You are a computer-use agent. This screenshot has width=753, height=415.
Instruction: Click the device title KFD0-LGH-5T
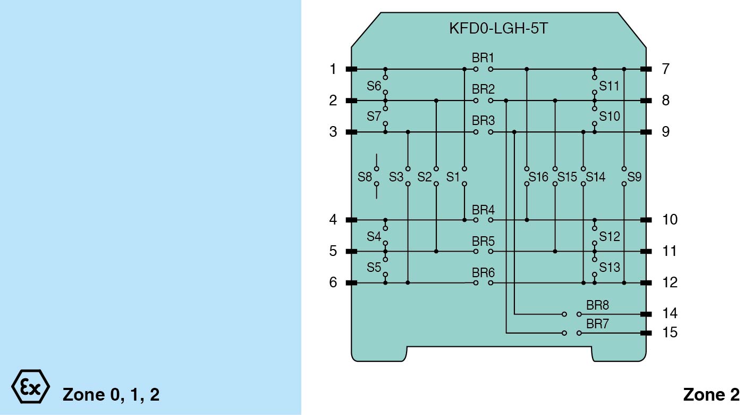point(498,29)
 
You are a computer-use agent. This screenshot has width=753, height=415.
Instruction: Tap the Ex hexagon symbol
point(30,386)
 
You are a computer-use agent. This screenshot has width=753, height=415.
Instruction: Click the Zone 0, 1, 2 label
point(111,395)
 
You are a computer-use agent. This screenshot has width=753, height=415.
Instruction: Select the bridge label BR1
point(483,57)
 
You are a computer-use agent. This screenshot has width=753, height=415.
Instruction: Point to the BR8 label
point(597,305)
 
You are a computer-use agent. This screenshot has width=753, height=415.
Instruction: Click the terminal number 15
point(670,333)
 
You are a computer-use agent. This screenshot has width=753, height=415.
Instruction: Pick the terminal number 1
point(333,69)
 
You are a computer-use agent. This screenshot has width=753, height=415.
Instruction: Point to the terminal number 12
point(670,283)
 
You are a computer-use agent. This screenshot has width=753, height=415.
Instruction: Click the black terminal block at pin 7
point(646,69)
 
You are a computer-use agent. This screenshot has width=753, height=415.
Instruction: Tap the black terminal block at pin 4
point(351,220)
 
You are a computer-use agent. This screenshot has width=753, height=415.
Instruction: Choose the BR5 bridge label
point(483,241)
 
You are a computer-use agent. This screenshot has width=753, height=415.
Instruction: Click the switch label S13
point(610,268)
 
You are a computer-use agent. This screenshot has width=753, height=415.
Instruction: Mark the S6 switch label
point(374,85)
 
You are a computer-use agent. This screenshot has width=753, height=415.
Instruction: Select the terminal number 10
point(670,220)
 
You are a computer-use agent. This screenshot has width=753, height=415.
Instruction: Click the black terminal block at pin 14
point(646,314)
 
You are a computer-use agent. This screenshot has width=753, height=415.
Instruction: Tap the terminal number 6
point(333,283)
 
